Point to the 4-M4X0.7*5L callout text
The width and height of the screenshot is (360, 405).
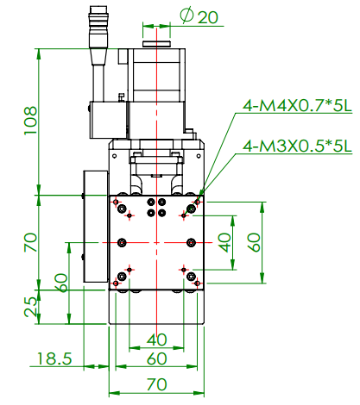coord(297,106)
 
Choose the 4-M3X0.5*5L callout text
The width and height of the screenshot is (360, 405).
coord(297,146)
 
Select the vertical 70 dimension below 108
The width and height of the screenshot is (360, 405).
coord(30,241)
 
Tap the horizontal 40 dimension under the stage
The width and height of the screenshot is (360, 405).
coord(156,339)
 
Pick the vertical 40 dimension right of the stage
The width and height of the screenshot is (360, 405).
coord(225,241)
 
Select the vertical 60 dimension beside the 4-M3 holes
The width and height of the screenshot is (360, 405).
coord(254,241)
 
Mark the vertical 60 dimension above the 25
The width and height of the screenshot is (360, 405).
coord(60,283)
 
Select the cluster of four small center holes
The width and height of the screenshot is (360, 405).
coord(156,208)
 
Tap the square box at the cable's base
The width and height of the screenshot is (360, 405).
coord(106,118)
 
